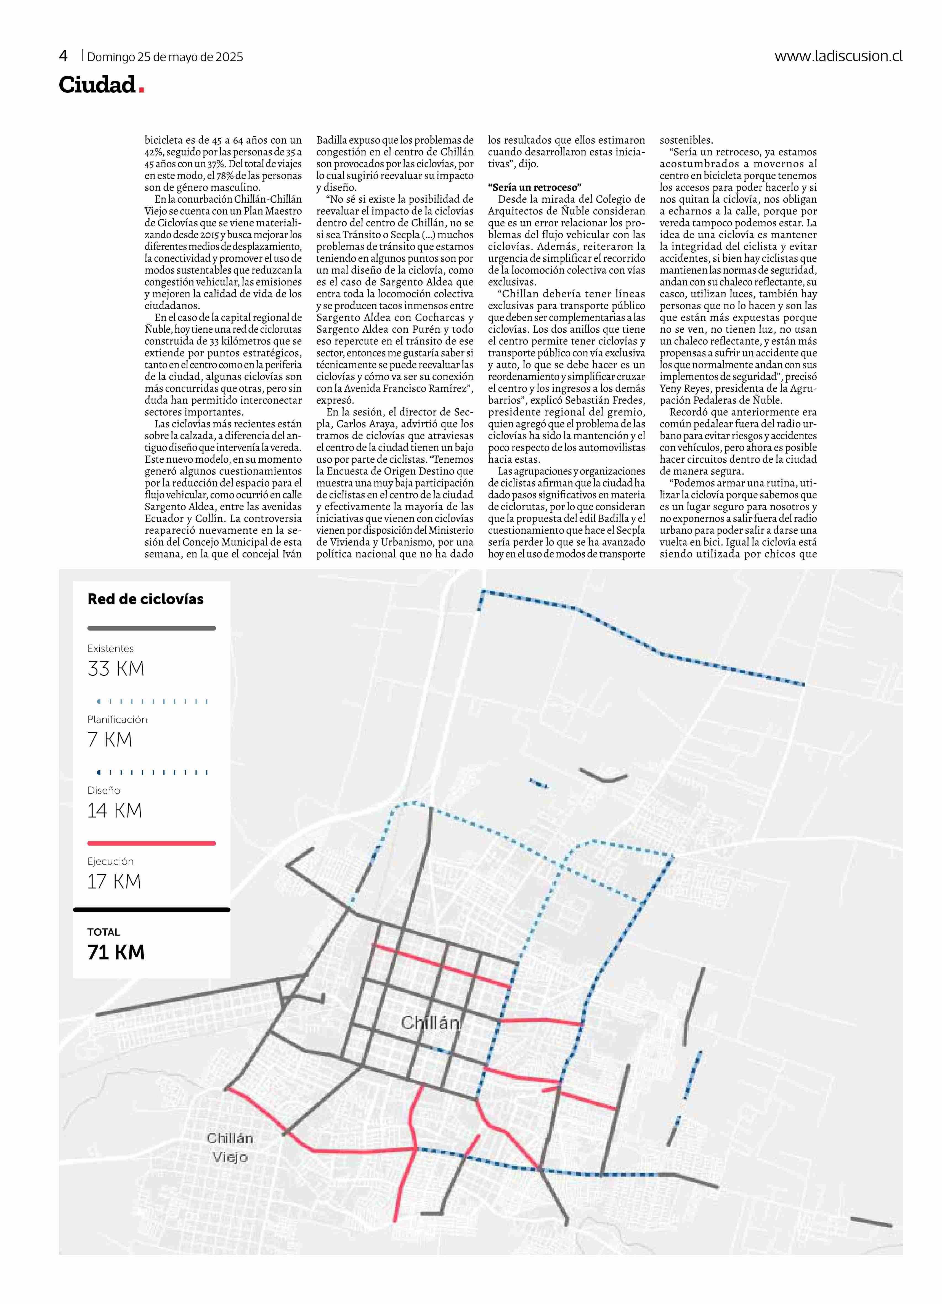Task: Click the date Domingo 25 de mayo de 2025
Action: tap(165, 57)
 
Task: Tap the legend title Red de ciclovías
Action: tap(145, 599)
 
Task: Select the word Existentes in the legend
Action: tap(110, 649)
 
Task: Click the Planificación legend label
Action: tap(117, 719)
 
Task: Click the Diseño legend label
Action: tap(104, 791)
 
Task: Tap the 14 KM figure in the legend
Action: tap(114, 811)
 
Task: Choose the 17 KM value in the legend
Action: tap(114, 881)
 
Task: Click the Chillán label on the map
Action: tap(430, 1023)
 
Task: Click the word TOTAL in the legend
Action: tap(104, 932)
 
